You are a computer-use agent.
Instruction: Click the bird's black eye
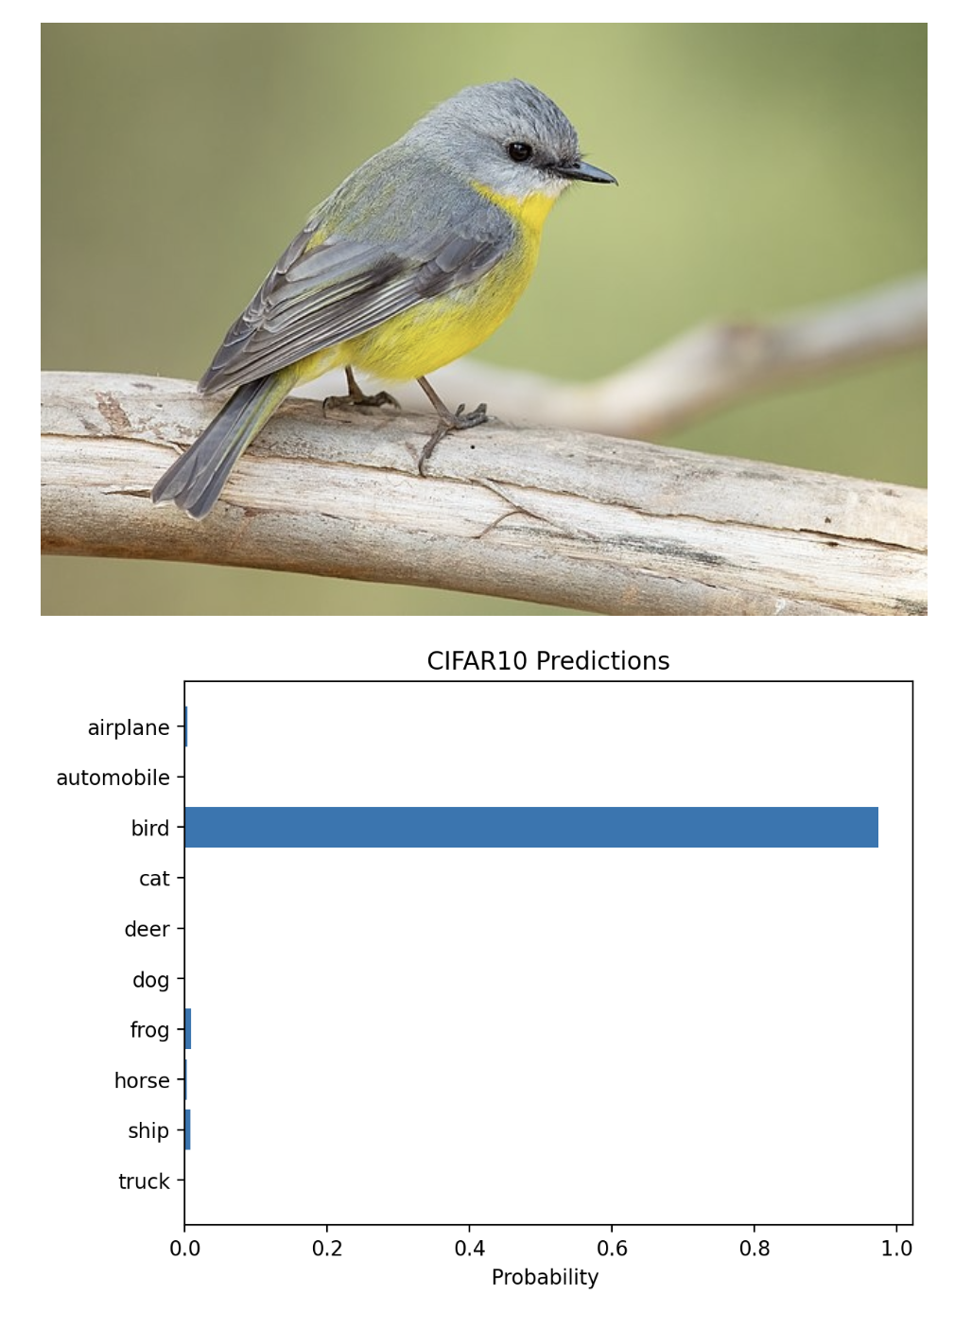coord(519,151)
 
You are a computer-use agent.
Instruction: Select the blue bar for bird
coord(530,828)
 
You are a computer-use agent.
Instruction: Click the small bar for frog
coord(188,1029)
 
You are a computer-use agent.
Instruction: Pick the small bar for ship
coord(187,1130)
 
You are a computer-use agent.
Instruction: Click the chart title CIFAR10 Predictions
coord(547,661)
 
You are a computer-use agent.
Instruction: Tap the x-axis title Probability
coord(545,1278)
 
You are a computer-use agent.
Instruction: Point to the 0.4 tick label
coord(469,1249)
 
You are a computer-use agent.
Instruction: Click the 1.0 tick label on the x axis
coord(896,1249)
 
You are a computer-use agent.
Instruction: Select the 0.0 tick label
coord(184,1249)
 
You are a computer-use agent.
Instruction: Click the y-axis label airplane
coord(129,727)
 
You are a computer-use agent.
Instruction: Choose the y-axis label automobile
coord(113,778)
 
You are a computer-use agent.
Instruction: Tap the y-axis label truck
coord(144,1181)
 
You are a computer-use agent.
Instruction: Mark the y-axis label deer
coord(147,929)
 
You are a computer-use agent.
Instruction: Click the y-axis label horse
coord(142,1080)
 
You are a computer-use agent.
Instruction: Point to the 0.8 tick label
coord(755,1249)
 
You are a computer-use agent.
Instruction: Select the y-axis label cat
coord(154,879)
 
